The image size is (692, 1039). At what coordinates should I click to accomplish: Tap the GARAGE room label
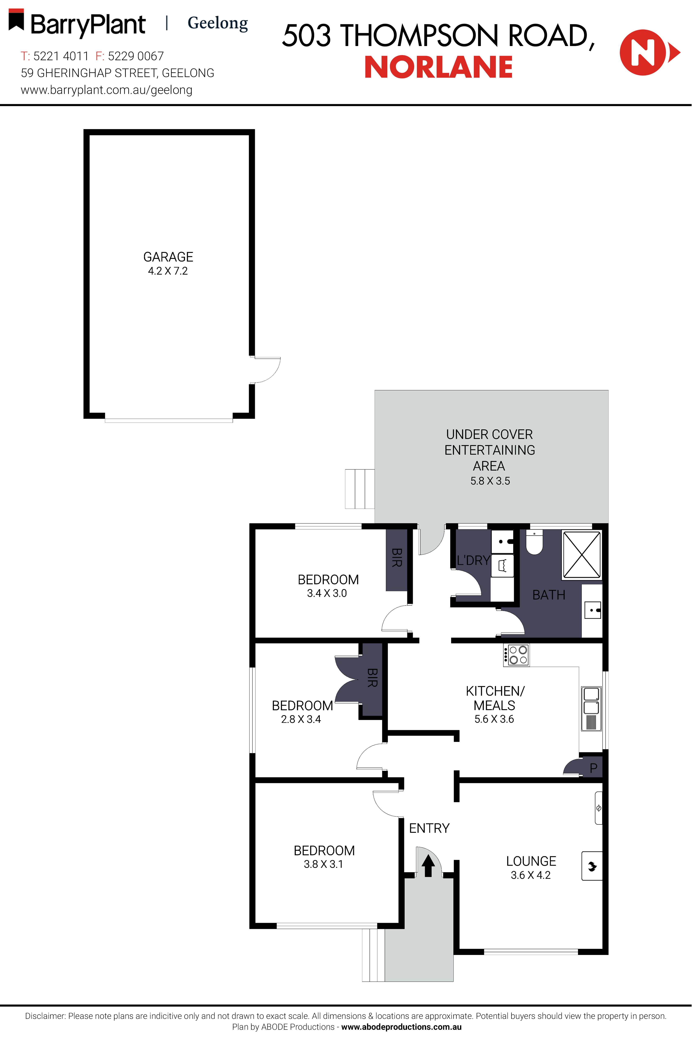168,257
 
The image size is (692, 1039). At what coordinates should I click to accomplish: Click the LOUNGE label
531,861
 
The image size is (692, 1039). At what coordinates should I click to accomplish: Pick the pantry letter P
594,768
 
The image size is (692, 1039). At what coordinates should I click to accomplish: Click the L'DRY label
473,561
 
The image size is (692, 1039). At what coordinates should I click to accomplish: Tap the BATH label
549,595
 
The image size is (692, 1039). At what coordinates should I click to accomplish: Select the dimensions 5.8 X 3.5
490,481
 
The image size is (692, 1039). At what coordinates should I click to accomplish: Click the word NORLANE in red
438,68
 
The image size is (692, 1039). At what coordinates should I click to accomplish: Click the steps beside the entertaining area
360,489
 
